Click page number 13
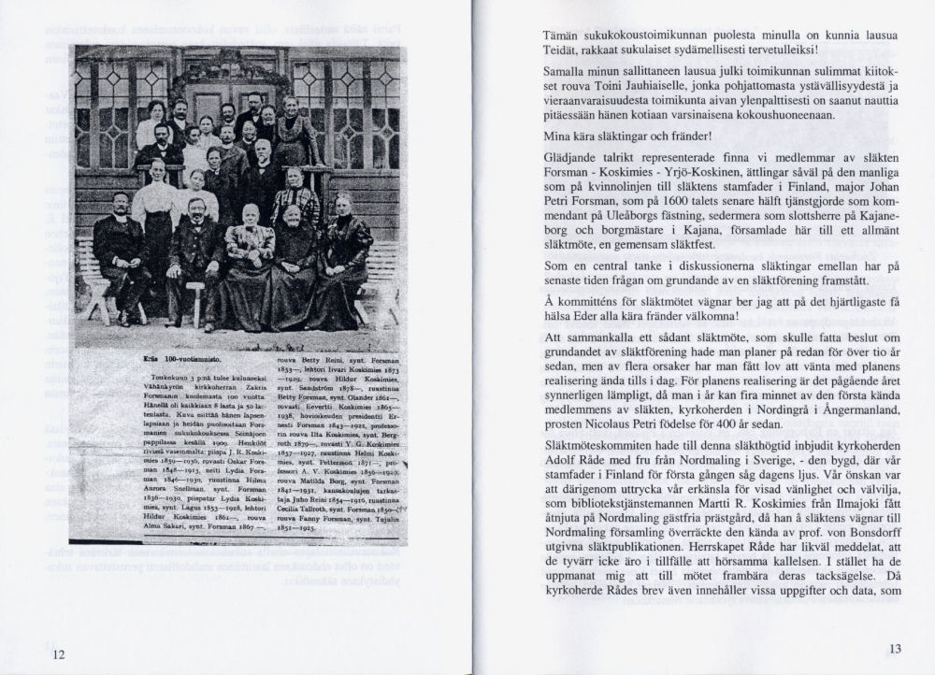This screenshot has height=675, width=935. click(x=896, y=649)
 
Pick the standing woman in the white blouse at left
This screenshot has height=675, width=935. click(x=158, y=206)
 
